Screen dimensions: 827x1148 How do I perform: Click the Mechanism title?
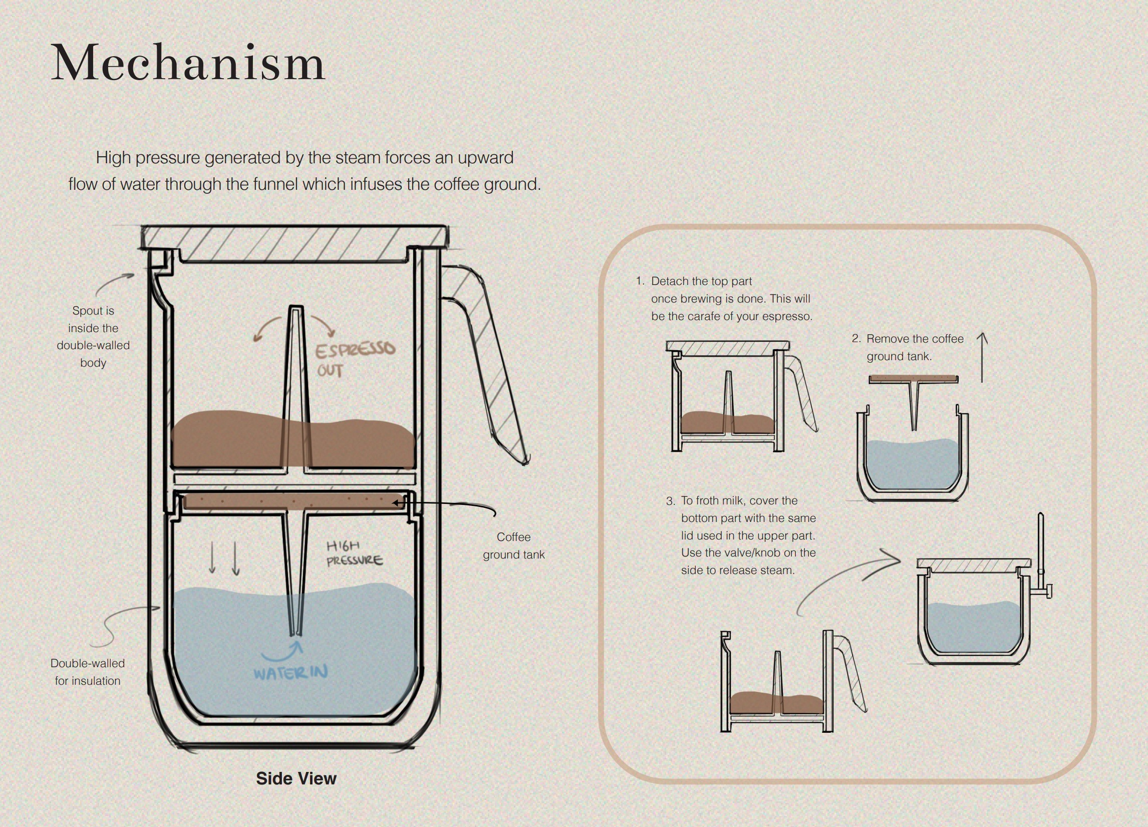point(187,63)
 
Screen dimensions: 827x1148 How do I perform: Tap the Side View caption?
point(296,778)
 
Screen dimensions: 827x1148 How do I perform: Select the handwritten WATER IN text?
point(291,673)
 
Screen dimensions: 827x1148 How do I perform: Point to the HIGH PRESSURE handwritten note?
point(354,553)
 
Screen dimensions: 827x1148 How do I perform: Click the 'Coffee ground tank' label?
point(513,545)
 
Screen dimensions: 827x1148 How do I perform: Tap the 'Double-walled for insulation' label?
point(88,672)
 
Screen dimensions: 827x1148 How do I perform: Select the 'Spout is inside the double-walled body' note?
point(93,336)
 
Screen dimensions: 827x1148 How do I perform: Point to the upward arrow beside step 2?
point(982,357)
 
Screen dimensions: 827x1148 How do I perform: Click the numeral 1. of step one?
point(640,281)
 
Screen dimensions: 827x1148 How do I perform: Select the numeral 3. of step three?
point(670,501)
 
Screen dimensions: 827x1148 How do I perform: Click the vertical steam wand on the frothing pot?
point(1041,541)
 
